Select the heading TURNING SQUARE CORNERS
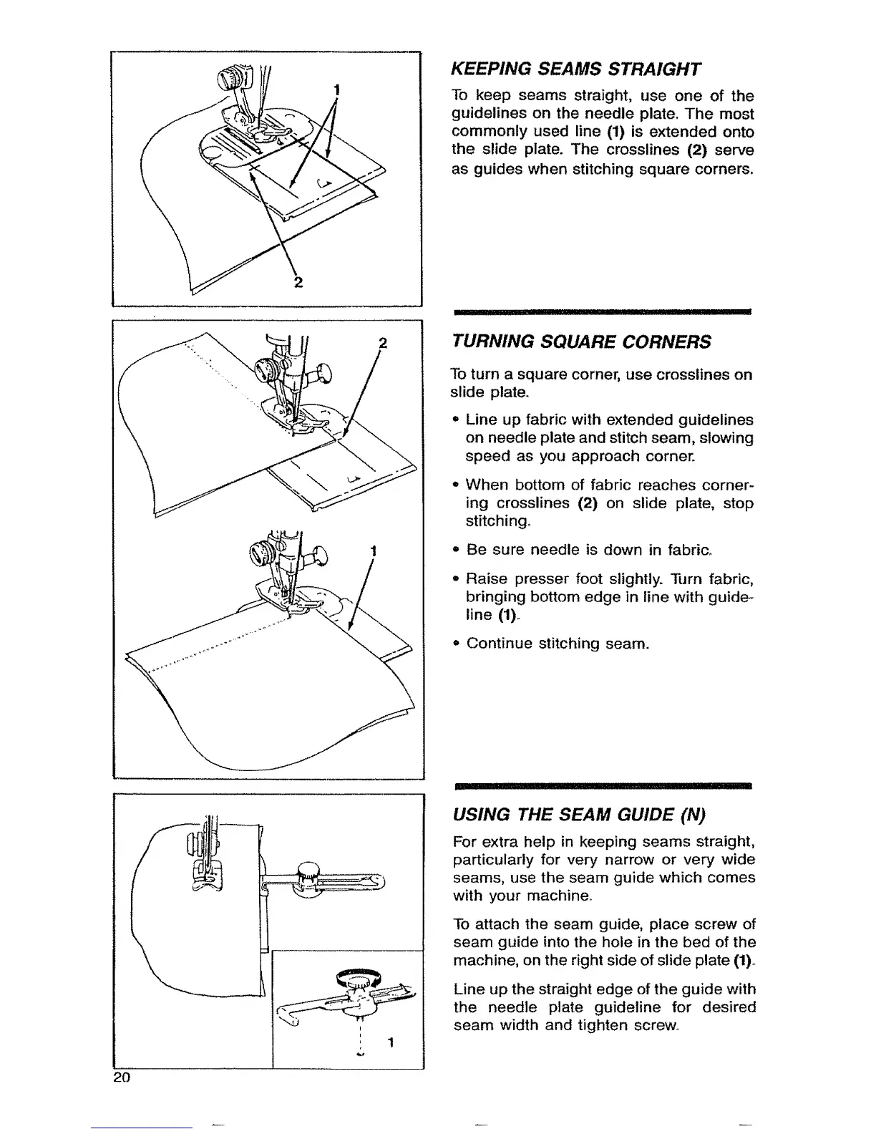point(580,341)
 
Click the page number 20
point(120,1078)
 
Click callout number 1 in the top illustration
point(336,89)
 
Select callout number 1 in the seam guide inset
point(390,1042)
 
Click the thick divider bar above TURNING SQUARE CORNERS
point(601,313)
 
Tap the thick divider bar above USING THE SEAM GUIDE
point(601,785)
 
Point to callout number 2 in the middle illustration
point(382,342)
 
